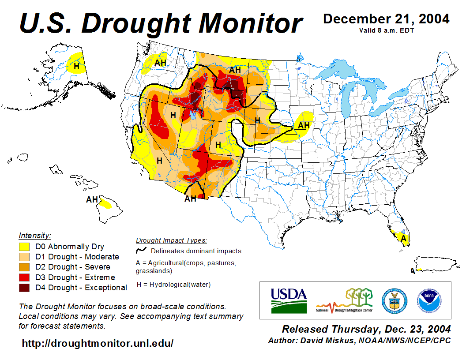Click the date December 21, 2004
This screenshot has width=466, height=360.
(386, 19)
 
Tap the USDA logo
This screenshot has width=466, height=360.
(289, 300)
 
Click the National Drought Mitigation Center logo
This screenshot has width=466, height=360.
(345, 300)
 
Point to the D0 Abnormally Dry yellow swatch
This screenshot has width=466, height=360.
(24, 247)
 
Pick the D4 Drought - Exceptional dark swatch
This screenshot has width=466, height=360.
(24, 288)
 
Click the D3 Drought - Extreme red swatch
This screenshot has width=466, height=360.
(24, 277)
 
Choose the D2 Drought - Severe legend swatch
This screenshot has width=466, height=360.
(24, 267)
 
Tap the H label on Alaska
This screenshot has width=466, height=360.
(76, 67)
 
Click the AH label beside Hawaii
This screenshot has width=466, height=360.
(92, 200)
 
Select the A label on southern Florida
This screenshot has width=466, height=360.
(403, 238)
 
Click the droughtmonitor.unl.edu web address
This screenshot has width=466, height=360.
(98, 343)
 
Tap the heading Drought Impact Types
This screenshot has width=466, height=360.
(171, 240)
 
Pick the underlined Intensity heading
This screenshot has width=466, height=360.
(35, 236)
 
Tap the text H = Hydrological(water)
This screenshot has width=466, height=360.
(174, 285)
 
